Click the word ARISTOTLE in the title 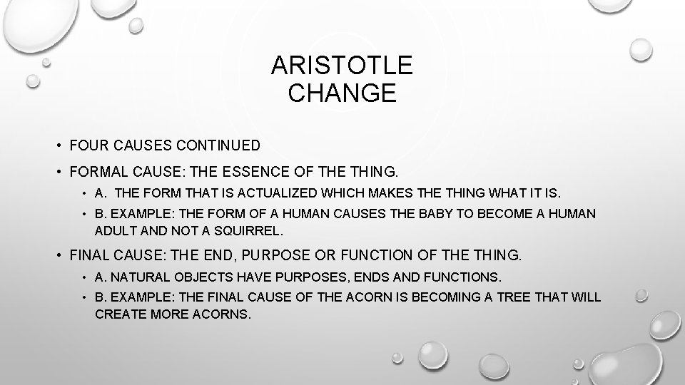342,66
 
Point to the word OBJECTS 191,277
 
